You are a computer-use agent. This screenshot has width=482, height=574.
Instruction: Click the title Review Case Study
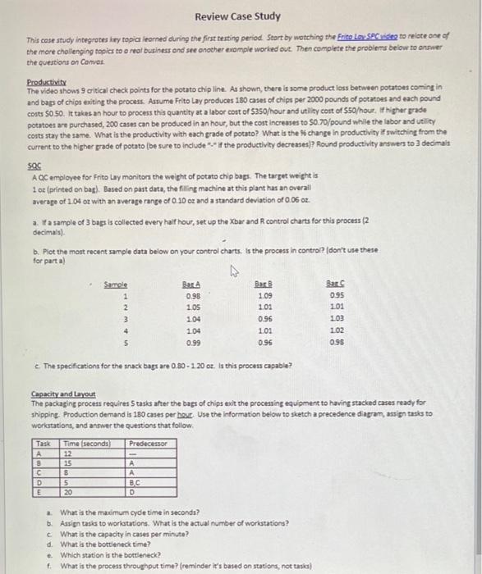click(x=238, y=16)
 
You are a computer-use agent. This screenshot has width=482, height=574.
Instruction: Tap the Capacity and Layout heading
click(x=62, y=394)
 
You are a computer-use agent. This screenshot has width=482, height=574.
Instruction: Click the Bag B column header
click(x=264, y=283)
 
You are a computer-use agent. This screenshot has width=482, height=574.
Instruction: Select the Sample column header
click(x=115, y=283)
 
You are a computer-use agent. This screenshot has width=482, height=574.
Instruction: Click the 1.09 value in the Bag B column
click(x=264, y=295)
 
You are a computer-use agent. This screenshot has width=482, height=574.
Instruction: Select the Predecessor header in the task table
click(x=148, y=443)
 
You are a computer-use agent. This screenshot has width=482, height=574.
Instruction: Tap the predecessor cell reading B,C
click(x=134, y=482)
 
